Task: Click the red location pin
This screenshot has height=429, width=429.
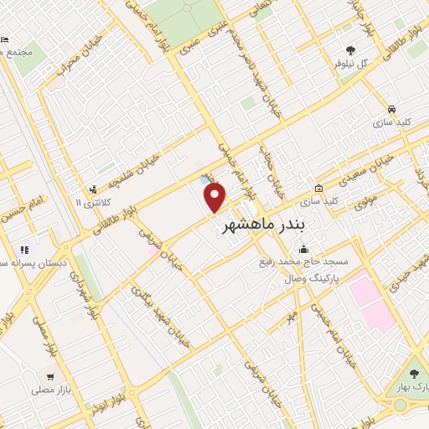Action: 215,198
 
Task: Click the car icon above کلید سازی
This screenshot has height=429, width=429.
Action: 392,109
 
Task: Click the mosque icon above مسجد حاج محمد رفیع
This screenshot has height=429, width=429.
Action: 303,249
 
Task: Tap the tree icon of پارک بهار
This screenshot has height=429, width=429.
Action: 413,374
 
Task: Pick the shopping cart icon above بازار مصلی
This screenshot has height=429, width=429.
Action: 50,377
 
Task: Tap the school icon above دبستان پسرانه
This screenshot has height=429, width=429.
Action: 24,249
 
